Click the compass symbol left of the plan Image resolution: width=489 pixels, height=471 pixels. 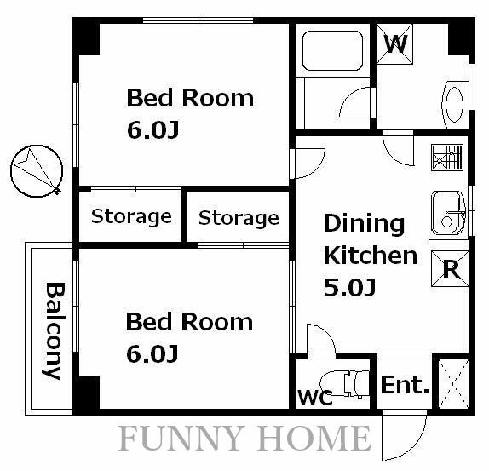click(37, 171)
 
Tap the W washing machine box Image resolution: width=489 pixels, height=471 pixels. click(394, 44)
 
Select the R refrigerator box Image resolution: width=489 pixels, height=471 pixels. click(450, 268)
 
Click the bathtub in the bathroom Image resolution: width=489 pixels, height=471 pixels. click(333, 50)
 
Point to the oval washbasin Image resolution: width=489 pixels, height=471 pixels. click(454, 105)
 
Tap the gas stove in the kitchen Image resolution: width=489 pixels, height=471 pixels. click(447, 158)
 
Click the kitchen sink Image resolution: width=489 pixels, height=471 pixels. click(448, 213)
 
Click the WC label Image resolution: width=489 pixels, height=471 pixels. click(315, 398)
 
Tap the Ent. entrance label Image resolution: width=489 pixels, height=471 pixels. click(405, 385)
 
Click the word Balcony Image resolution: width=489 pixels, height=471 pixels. click(54, 331)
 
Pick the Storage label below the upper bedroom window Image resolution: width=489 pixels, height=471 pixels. click(131, 217)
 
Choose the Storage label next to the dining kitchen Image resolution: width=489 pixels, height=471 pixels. click(239, 218)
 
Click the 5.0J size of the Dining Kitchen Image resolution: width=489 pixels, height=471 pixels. click(349, 287)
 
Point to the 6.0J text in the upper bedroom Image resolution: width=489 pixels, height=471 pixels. click(153, 130)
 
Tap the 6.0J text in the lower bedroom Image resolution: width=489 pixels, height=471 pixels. click(152, 353)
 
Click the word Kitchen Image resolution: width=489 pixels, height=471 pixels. click(371, 256)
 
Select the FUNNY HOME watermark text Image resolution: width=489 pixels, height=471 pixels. click(244, 439)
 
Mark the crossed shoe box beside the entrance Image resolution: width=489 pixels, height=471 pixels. click(454, 384)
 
